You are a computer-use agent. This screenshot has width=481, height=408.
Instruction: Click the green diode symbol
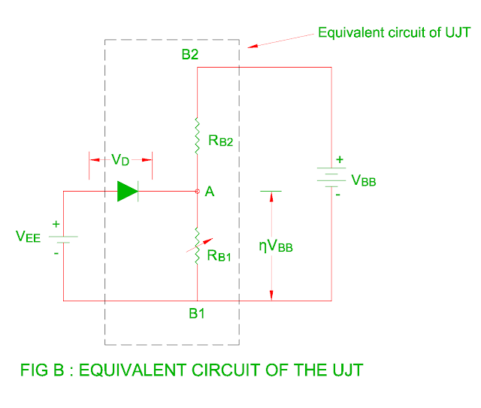click(x=128, y=192)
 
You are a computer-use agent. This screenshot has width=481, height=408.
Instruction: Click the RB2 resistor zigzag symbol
click(x=197, y=135)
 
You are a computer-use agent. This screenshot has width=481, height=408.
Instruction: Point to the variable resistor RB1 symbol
click(x=197, y=245)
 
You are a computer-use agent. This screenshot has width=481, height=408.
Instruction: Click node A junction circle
click(x=197, y=192)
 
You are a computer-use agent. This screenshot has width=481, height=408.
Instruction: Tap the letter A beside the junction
click(x=210, y=193)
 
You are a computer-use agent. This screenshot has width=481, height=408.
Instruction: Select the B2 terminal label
click(x=189, y=54)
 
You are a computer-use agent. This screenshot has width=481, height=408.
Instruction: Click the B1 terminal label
click(x=197, y=313)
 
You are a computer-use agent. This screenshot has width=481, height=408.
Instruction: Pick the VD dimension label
click(x=121, y=159)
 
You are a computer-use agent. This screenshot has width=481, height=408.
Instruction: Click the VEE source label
click(x=29, y=236)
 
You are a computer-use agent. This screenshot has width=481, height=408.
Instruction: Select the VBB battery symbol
click(x=331, y=178)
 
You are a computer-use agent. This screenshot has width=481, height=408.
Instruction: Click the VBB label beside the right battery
click(x=365, y=181)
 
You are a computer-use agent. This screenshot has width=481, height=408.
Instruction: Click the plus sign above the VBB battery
click(x=339, y=159)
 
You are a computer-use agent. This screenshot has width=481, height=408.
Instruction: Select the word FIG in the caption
click(x=35, y=370)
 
